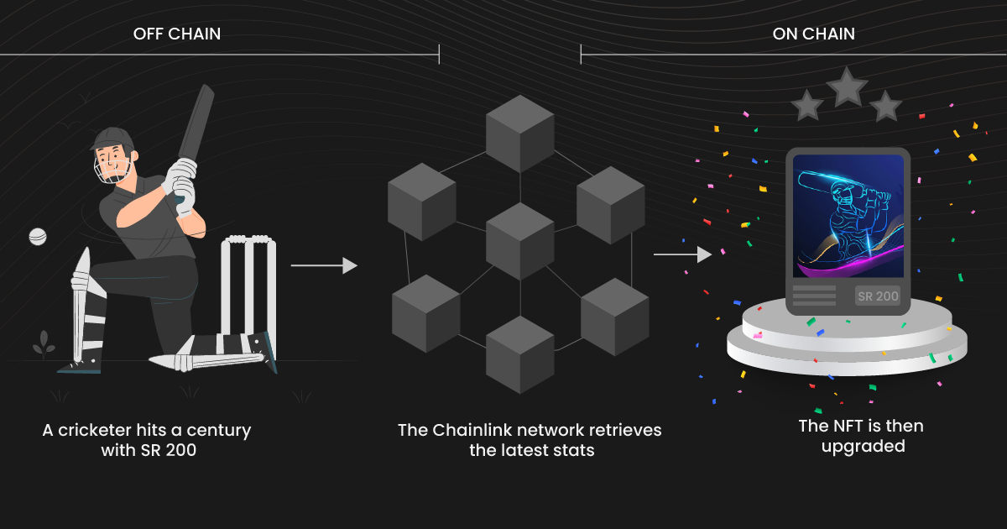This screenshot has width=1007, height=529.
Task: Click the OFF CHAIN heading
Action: point(177,34)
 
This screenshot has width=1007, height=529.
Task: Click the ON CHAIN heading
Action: point(813,34)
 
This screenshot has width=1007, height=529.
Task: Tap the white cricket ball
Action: point(38,237)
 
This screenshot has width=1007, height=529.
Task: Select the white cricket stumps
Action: point(248,285)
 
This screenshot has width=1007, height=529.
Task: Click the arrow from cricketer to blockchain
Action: point(324,265)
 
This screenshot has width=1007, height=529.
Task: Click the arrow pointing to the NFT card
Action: point(682,254)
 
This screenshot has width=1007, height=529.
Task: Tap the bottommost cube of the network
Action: point(520,354)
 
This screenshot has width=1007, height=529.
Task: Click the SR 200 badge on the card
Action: point(878,296)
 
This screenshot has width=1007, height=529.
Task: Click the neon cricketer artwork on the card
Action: point(848,216)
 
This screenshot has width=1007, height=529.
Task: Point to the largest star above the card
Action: point(847,86)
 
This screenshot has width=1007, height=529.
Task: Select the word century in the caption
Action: point(219,430)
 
